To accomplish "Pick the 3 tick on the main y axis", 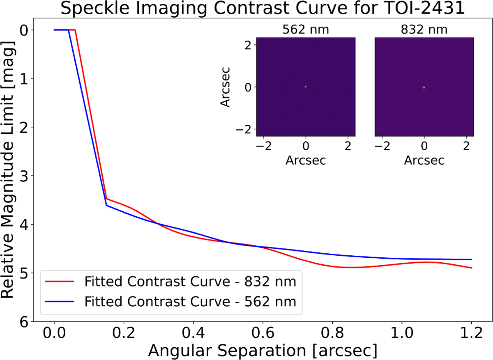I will click(26, 176).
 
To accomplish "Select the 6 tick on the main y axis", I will click(26, 322).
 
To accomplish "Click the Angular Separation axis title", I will click(263, 351).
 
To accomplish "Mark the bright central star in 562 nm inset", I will click(306, 87).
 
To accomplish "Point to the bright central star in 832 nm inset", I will click(424, 87).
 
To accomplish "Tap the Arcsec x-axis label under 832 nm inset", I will click(424, 160).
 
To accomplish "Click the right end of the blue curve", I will click(472, 259).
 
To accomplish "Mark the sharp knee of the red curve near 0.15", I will click(106, 199).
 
